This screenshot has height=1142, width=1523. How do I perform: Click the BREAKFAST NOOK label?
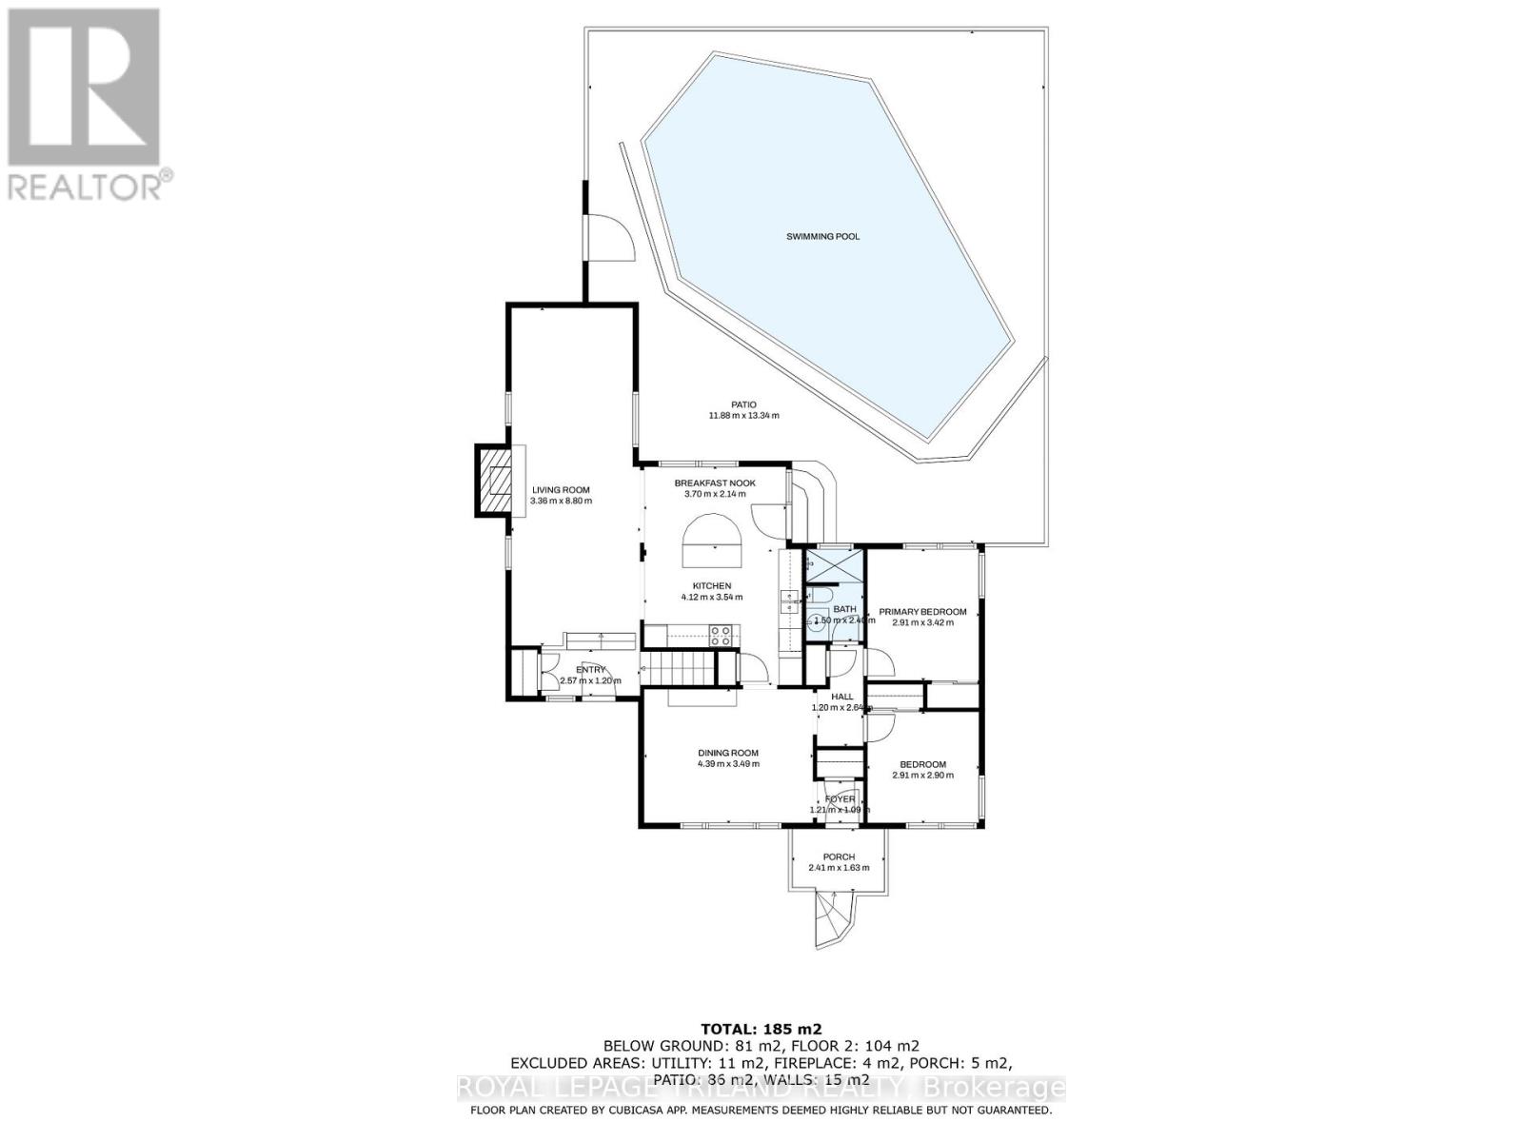coord(715,483)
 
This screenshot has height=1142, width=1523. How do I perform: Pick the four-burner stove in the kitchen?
coord(721,635)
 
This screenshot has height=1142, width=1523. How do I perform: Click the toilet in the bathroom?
coord(818,624)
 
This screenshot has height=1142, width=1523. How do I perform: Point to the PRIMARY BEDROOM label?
coord(922,612)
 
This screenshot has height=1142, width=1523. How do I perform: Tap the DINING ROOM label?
coord(727,753)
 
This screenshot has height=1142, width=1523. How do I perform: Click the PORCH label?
coord(839,856)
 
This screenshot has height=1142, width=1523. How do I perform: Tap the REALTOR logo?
coord(87,105)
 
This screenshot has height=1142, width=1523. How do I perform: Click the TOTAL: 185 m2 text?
coord(761,1029)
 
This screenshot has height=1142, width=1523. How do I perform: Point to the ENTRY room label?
coord(590,670)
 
